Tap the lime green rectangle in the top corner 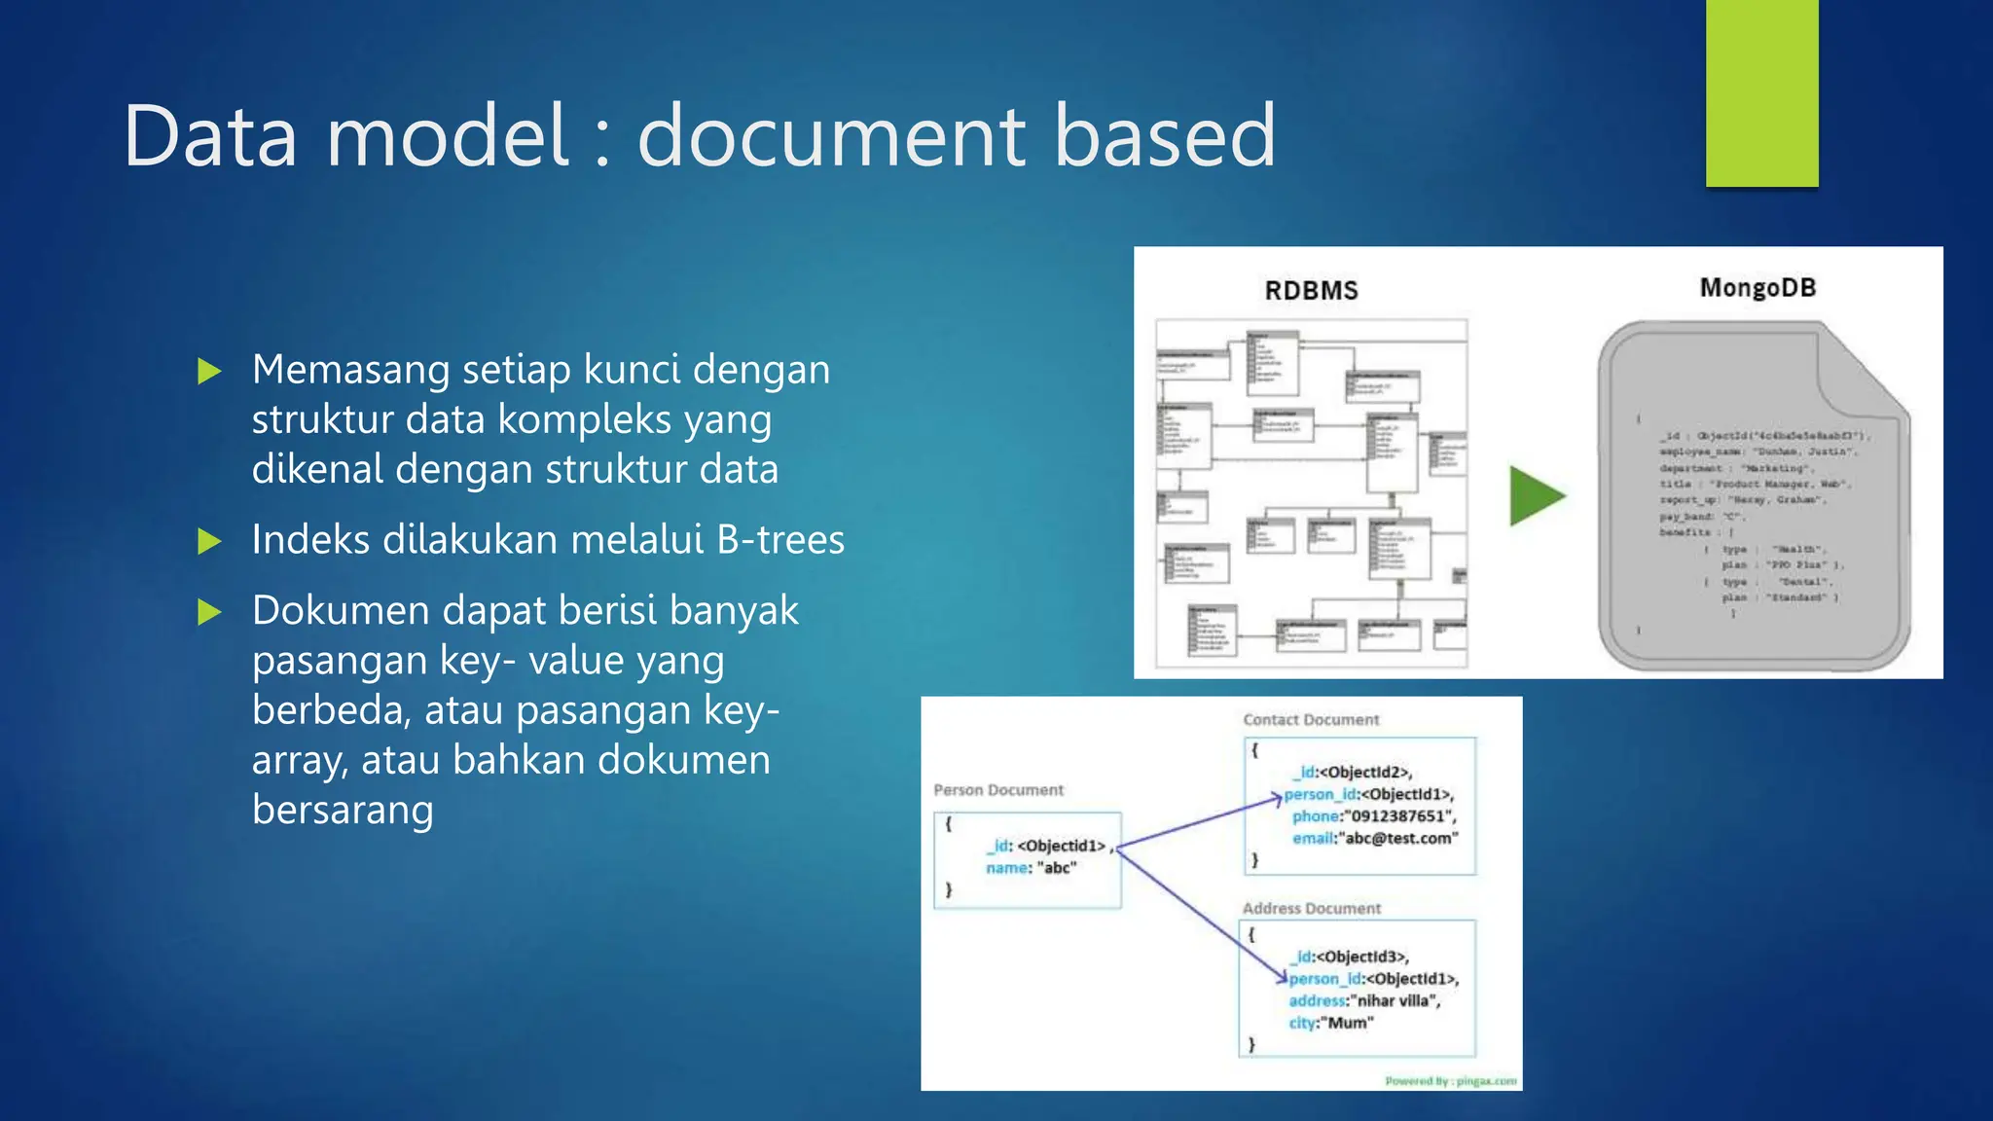pyautogui.click(x=1761, y=92)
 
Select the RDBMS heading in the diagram pyautogui.click(x=1311, y=291)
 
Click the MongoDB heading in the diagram pyautogui.click(x=1757, y=288)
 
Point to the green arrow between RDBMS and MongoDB pyautogui.click(x=1536, y=495)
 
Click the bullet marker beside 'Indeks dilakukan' pyautogui.click(x=209, y=541)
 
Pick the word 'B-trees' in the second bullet pyautogui.click(x=780, y=540)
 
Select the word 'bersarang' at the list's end pyautogui.click(x=343, y=810)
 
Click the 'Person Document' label pyautogui.click(x=998, y=790)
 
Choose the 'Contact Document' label pyautogui.click(x=1311, y=720)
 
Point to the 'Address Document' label pyautogui.click(x=1311, y=908)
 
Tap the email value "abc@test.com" pyautogui.click(x=1400, y=839)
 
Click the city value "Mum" pyautogui.click(x=1350, y=1023)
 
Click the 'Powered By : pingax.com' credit pyautogui.click(x=1450, y=1080)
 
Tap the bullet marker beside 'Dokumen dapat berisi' pyautogui.click(x=209, y=612)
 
